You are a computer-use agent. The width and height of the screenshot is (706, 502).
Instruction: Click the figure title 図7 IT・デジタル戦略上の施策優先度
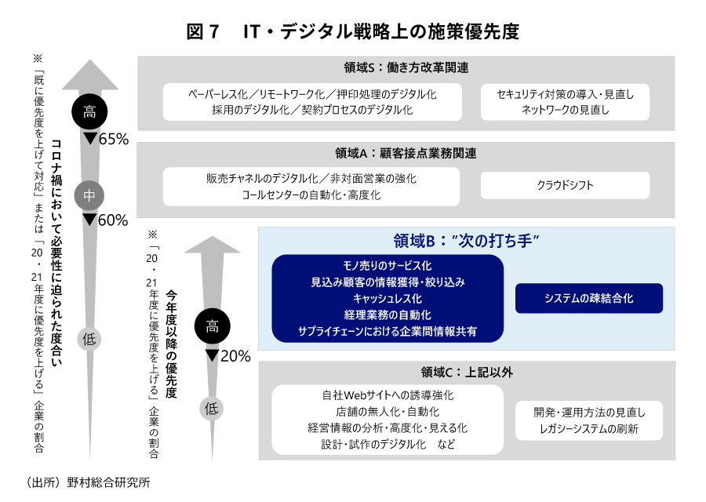click(353, 31)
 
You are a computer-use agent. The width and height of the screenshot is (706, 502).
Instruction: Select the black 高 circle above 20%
click(212, 328)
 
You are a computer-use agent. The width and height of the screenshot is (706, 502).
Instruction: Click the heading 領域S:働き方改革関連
click(406, 68)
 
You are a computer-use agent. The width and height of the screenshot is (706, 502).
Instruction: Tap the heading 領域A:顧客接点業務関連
click(406, 153)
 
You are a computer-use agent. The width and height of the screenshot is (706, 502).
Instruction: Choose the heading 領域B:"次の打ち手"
click(467, 241)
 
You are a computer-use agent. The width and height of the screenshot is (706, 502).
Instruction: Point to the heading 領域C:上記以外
click(467, 372)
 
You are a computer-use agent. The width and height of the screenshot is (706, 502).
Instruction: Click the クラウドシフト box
click(565, 186)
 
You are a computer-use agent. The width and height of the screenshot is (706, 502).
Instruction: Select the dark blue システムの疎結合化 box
click(588, 299)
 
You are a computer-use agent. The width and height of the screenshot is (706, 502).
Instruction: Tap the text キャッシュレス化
click(388, 299)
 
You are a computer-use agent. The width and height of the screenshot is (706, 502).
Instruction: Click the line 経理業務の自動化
click(388, 315)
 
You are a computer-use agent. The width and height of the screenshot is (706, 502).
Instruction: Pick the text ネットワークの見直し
click(565, 110)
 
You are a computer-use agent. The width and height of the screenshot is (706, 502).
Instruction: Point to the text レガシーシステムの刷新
click(588, 428)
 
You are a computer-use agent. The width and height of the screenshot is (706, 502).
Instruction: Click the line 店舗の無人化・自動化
click(388, 412)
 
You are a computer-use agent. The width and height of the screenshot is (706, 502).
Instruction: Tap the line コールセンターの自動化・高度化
click(311, 195)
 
